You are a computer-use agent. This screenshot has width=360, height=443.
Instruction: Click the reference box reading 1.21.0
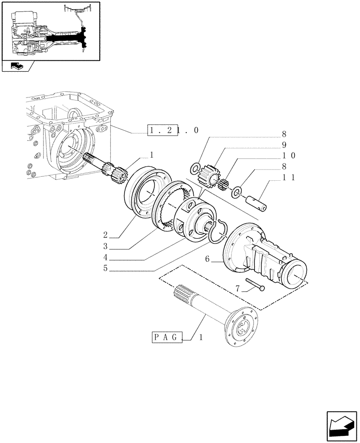click(x=162, y=131)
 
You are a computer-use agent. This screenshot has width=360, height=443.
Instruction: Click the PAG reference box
click(x=168, y=338)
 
